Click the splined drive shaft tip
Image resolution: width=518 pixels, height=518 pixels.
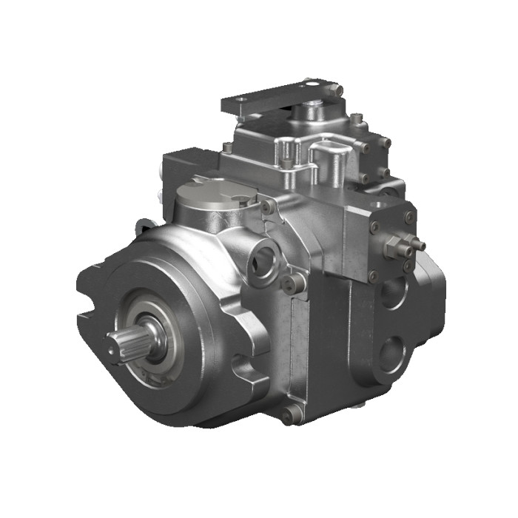point(119,341)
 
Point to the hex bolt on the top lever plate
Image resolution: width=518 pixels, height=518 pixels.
point(337,90)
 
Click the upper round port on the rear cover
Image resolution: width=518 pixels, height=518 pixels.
point(391,293)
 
